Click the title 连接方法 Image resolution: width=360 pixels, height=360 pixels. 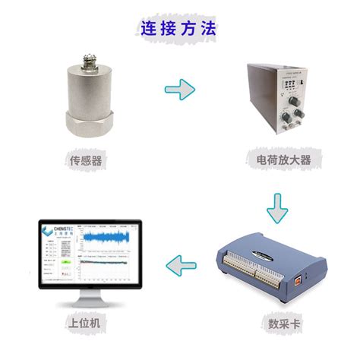(x=178, y=28)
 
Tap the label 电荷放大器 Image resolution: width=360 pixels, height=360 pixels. (x=279, y=160)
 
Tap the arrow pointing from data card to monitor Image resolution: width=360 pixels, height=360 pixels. (x=180, y=265)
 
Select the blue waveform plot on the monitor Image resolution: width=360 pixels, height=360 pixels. (x=111, y=241)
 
